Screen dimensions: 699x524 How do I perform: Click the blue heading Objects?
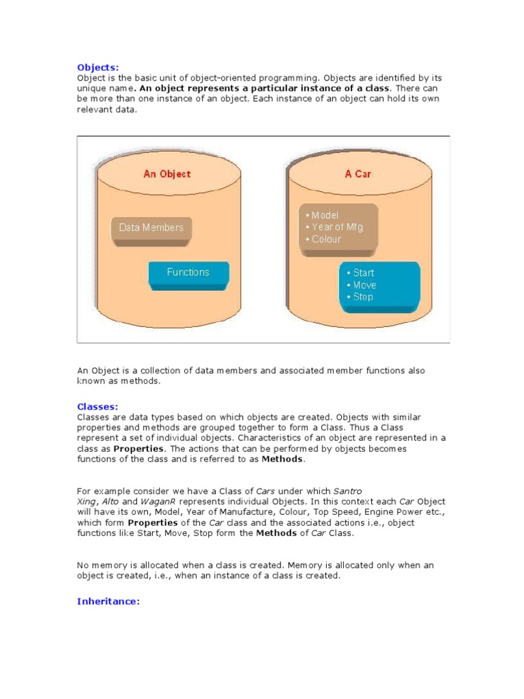click(98, 67)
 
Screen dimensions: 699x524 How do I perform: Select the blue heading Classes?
click(98, 406)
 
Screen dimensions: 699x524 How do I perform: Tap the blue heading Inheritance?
click(108, 601)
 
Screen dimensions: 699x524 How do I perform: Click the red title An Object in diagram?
click(166, 174)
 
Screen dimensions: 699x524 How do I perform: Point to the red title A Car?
click(358, 174)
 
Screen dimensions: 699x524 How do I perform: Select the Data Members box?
click(151, 227)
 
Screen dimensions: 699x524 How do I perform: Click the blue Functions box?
click(188, 272)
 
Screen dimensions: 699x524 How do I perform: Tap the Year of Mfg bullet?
click(337, 227)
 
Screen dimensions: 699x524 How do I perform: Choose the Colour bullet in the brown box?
click(326, 240)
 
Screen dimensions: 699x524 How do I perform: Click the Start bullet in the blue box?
click(363, 272)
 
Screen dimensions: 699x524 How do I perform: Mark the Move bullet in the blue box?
click(364, 285)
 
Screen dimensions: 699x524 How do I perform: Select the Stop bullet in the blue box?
click(363, 297)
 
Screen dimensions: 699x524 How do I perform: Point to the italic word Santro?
click(347, 491)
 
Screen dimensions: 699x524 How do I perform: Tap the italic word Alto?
click(110, 501)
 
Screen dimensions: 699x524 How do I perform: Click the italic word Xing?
click(85, 501)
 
